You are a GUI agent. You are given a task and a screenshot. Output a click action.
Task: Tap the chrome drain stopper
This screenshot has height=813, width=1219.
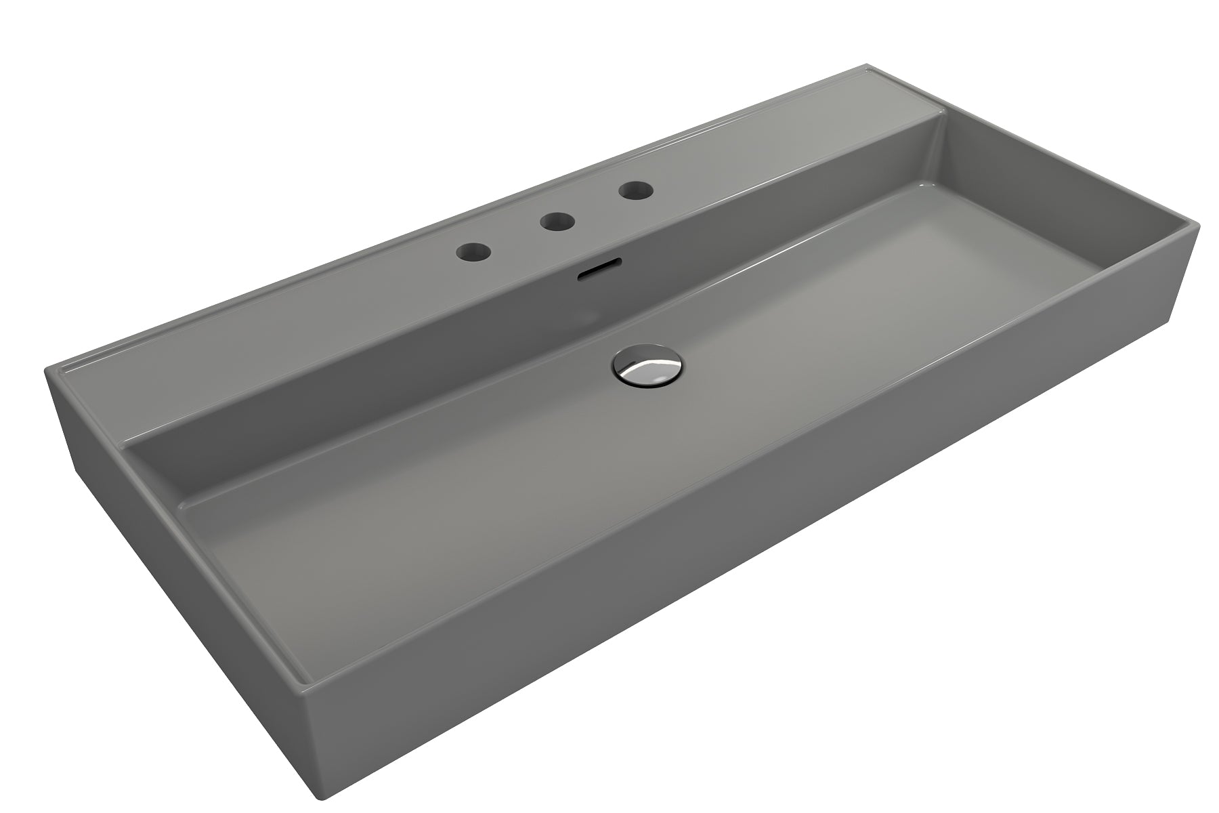point(647,369)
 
